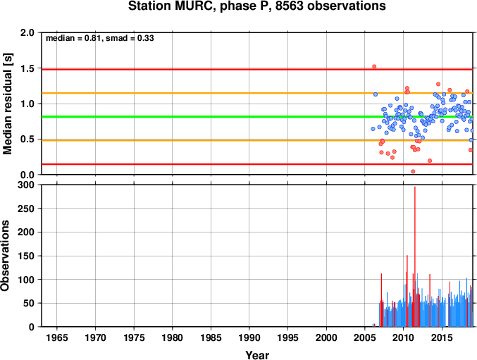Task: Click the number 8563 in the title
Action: [290, 6]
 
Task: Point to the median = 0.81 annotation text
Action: [73, 38]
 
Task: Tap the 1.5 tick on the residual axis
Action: [28, 68]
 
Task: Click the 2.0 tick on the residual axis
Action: [28, 32]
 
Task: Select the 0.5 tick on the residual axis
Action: [28, 139]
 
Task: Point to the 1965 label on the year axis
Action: [57, 337]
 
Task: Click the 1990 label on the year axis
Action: [249, 337]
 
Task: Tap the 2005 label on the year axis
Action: [365, 337]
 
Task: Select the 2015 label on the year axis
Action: [442, 337]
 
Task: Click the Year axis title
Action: [257, 355]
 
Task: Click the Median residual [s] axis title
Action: [7, 104]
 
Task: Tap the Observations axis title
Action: [5, 256]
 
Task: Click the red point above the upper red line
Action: [374, 67]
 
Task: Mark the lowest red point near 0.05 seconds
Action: [413, 171]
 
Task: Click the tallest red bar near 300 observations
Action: [414, 256]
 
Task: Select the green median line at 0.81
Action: [257, 117]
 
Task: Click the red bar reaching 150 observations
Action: [407, 291]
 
